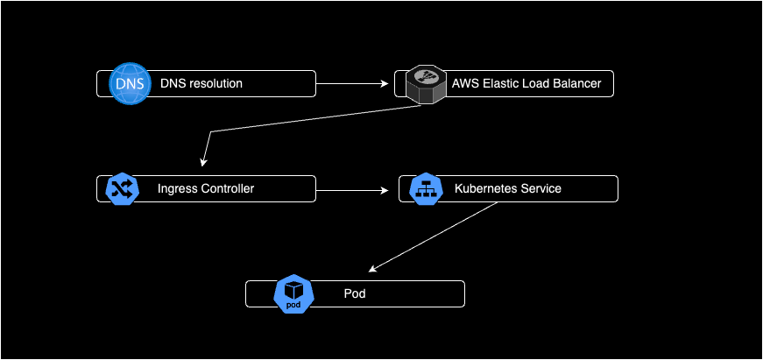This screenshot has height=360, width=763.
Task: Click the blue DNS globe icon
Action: tap(128, 83)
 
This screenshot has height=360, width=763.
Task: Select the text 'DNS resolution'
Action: tap(201, 83)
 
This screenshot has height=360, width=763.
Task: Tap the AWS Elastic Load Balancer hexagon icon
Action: tap(425, 84)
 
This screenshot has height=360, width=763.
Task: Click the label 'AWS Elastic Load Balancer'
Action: tap(526, 84)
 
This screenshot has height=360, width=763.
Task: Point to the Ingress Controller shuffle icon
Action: tap(123, 189)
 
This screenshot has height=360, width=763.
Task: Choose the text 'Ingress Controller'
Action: tap(206, 188)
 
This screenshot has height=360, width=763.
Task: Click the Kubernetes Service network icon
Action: tap(424, 189)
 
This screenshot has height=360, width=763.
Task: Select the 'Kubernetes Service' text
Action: tap(508, 188)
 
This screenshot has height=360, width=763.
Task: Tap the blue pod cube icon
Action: tap(293, 294)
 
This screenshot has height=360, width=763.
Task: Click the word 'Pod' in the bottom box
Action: tap(354, 293)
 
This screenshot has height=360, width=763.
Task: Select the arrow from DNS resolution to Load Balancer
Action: tap(350, 84)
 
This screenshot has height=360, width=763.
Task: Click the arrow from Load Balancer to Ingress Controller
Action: tap(307, 119)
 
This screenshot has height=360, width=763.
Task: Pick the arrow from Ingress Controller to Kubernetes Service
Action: tap(350, 189)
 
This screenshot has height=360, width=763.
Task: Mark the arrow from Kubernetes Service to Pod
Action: tap(434, 236)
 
